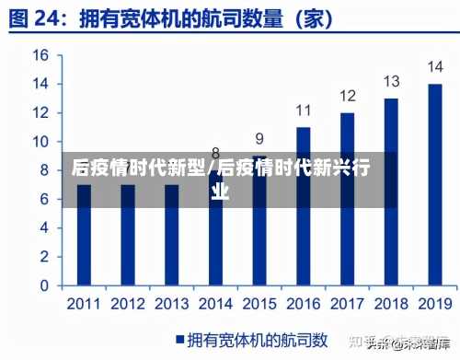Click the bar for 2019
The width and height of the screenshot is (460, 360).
point(435,184)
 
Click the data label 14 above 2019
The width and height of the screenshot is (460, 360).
point(435,67)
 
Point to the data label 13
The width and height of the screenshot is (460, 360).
point(391,81)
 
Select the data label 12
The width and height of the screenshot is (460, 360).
point(347,96)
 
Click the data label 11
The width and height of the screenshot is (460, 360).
point(304,110)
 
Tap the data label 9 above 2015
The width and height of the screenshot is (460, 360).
point(259,139)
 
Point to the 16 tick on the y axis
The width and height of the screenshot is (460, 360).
point(40,55)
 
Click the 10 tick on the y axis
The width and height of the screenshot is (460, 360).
point(40,142)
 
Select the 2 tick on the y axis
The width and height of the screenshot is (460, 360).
point(42,256)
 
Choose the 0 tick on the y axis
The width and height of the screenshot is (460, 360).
point(42,285)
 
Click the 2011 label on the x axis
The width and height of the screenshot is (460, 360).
point(84,303)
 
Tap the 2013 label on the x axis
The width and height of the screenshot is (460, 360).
point(171,303)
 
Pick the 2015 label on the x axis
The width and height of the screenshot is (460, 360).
point(259,303)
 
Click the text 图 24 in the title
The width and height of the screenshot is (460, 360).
point(41,18)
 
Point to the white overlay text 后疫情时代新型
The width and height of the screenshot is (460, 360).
point(138,168)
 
